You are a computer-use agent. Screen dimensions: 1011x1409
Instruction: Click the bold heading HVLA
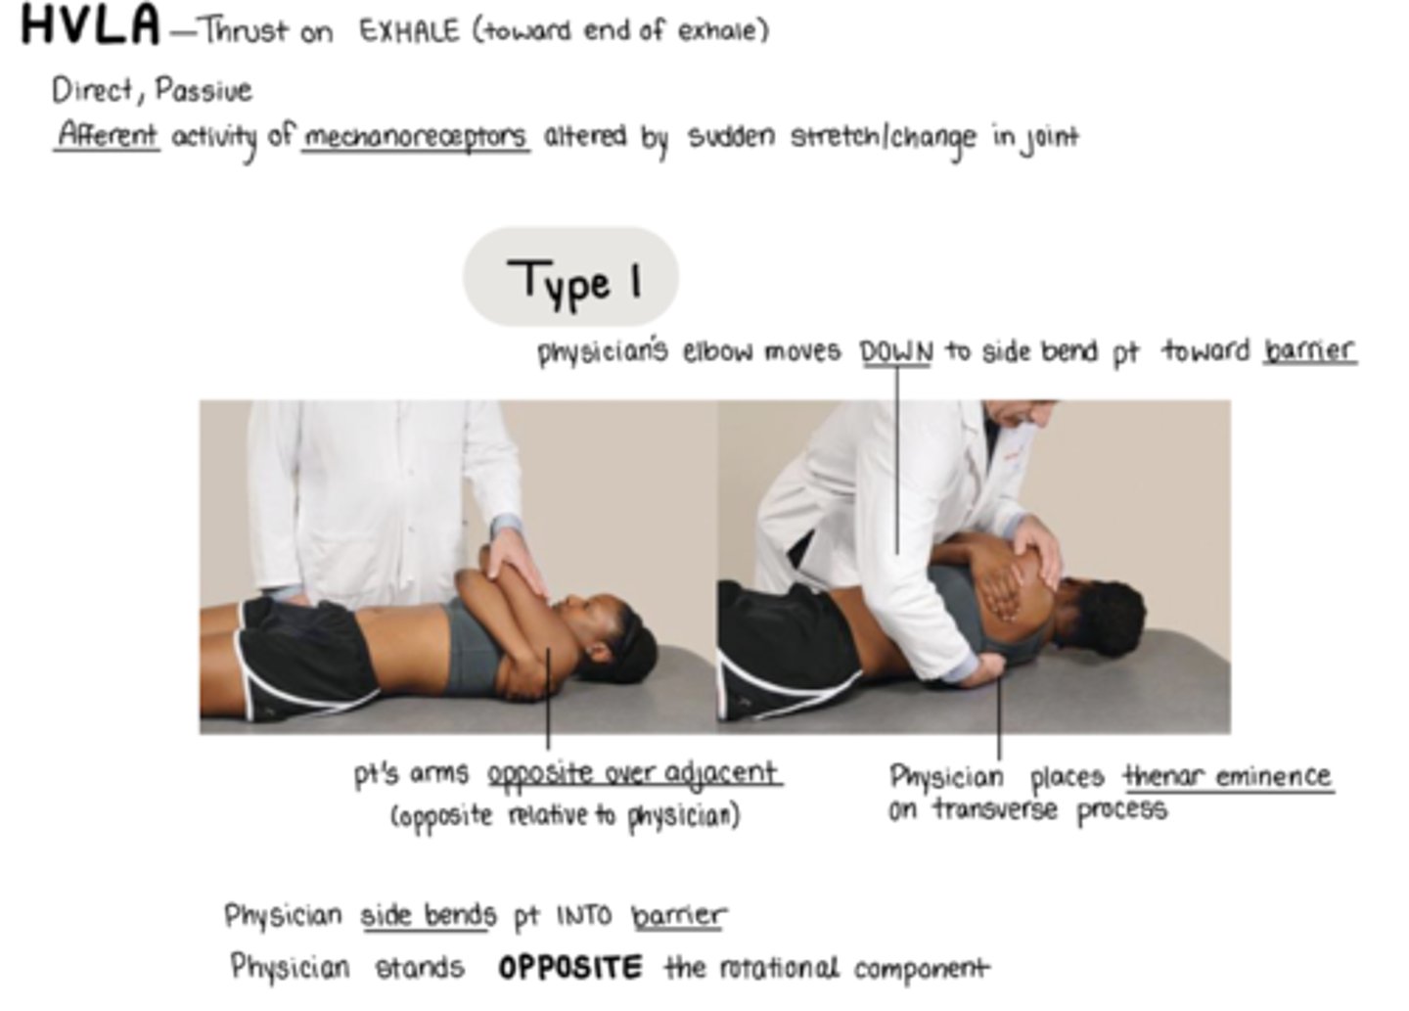89,25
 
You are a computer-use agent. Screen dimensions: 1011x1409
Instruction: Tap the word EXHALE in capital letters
409,31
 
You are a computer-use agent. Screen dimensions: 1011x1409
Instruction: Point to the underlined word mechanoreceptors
415,137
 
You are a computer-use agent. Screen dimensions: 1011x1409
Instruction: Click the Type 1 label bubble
570,278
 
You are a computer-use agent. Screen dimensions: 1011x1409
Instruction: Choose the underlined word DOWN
896,350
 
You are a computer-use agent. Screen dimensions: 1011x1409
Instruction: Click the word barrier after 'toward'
1309,350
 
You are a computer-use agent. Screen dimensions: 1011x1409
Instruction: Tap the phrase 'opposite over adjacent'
633,774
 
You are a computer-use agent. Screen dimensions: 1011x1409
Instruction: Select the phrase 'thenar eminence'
1228,776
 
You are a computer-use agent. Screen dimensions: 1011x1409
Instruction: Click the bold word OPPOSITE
570,968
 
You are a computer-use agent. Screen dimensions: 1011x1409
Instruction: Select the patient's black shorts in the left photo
294,651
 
